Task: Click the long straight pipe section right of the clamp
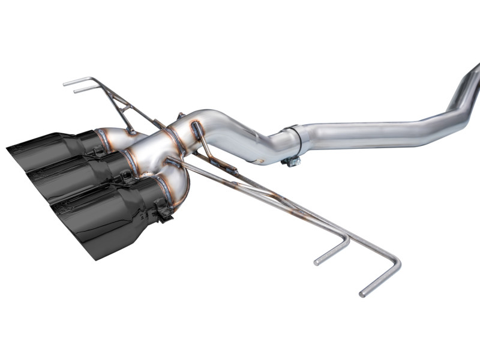372,133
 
